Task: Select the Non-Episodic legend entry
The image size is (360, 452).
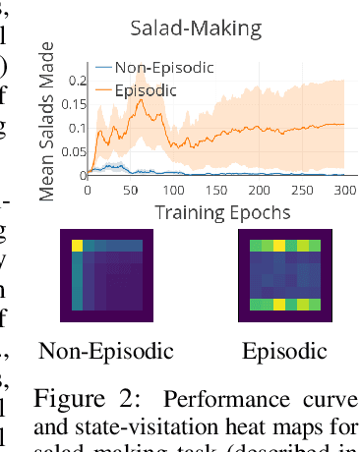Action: (x=163, y=67)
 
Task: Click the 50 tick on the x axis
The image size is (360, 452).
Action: (x=130, y=189)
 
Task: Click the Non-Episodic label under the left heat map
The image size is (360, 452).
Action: (x=105, y=350)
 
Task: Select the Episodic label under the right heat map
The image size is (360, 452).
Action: (x=277, y=350)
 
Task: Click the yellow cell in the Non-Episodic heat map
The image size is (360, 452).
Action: (x=77, y=243)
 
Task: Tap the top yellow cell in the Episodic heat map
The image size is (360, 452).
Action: (x=277, y=243)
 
